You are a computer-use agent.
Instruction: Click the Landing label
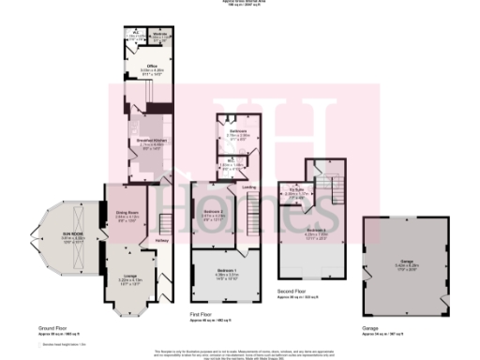tap(249, 188)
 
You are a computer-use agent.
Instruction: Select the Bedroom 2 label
tap(213, 213)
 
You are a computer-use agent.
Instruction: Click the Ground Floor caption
tap(52, 330)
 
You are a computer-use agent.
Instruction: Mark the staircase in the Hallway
tap(166, 225)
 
